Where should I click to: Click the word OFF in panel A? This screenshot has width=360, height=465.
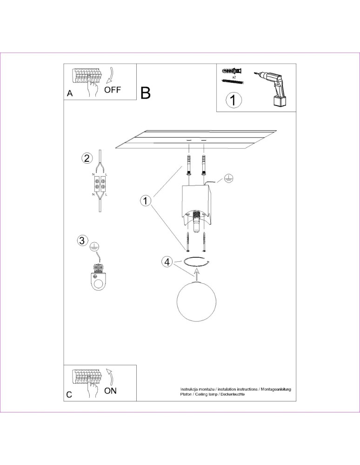tap(113, 90)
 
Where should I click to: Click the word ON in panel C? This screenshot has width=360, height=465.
tap(111, 391)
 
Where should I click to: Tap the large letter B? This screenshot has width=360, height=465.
tap(146, 93)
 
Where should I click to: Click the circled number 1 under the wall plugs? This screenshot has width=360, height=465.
tap(233, 100)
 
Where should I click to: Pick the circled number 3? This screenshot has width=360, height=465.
tap(82, 240)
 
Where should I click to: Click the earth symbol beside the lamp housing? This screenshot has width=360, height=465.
tap(228, 178)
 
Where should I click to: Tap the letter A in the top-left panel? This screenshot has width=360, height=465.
tap(70, 93)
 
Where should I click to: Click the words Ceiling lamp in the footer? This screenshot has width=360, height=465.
tap(207, 394)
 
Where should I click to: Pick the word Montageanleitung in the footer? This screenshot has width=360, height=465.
tap(276, 389)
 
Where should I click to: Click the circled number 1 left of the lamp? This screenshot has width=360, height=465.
tap(146, 200)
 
